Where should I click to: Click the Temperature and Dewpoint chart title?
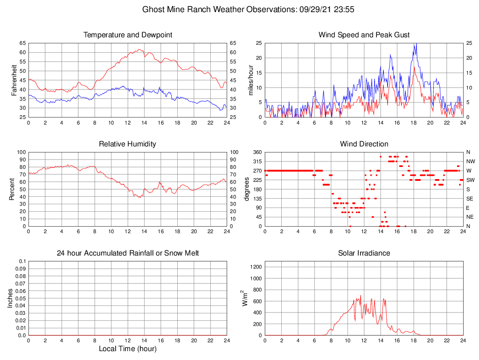(128, 35)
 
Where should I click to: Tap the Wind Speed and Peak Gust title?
(364, 35)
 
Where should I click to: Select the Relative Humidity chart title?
(128, 144)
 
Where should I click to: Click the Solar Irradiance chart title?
(364, 253)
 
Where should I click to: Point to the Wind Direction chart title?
(364, 144)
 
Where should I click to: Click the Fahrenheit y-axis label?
(14, 80)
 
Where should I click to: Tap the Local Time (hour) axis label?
(128, 349)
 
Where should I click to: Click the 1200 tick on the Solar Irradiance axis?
(256, 267)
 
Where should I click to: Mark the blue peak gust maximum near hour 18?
(415, 44)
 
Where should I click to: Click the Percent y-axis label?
(13, 189)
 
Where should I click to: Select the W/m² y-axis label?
(244, 298)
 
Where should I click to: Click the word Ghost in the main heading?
(153, 9)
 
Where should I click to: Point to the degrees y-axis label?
(247, 189)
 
